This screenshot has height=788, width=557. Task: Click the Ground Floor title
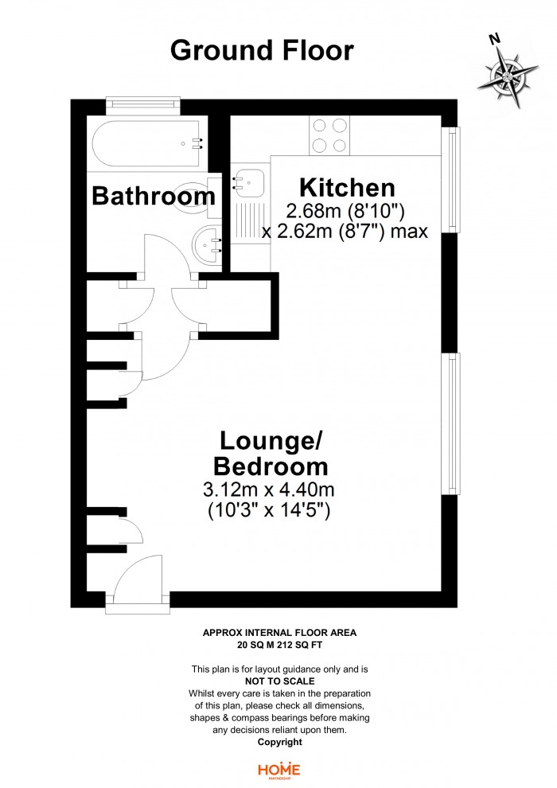click(262, 51)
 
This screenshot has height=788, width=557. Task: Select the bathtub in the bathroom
click(148, 143)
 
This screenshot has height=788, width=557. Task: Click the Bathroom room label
click(154, 196)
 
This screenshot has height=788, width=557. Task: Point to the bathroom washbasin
click(207, 244)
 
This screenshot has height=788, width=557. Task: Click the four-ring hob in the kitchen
click(329, 135)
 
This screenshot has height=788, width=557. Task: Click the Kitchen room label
click(347, 188)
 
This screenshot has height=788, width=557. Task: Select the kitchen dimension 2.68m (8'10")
click(345, 211)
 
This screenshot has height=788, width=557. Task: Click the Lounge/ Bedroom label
click(271, 454)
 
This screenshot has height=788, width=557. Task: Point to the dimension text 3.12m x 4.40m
click(269, 489)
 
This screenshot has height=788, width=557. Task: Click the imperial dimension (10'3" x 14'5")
click(269, 511)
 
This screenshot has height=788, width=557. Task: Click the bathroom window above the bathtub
click(142, 103)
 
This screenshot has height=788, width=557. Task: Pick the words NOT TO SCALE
click(280, 681)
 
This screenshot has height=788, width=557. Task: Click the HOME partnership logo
click(278, 770)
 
